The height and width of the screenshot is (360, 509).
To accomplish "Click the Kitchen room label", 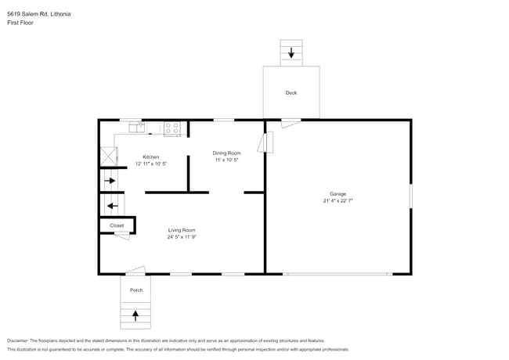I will [150, 157].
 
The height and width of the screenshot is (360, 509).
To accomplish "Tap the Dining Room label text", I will [226, 153].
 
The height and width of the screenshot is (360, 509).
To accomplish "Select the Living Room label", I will [182, 230].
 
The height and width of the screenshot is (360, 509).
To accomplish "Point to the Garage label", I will [338, 193].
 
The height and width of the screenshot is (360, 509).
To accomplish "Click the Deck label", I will [291, 93].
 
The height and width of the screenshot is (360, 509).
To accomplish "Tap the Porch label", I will [136, 290].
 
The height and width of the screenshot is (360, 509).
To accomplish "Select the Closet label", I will [117, 225].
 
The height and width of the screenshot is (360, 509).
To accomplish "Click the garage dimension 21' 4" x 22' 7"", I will [338, 200].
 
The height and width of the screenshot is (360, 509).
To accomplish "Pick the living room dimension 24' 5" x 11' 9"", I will [182, 237].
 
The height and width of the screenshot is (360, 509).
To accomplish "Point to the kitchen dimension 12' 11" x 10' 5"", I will [150, 164].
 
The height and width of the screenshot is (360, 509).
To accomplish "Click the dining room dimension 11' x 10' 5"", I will [226, 160].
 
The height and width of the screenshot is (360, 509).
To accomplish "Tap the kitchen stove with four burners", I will [172, 128].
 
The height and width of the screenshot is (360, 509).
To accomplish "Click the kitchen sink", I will [136, 128].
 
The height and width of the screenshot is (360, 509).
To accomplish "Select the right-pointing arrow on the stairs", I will [110, 181].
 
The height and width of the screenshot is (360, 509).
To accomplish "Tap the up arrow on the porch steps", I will [135, 316].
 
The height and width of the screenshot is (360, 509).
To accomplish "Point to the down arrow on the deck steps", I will [291, 53].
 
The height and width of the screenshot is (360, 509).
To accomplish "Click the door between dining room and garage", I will [269, 143].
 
